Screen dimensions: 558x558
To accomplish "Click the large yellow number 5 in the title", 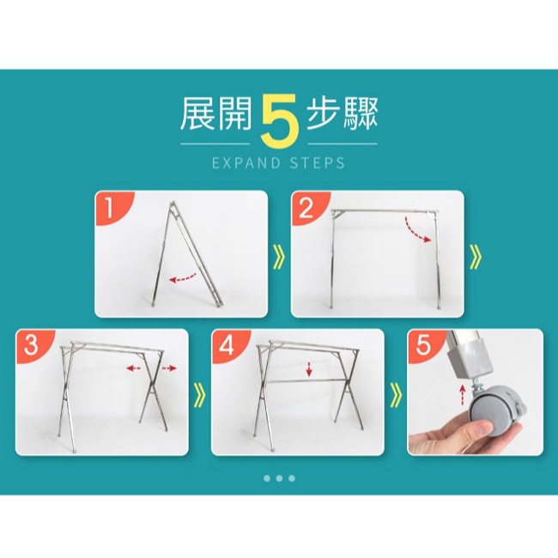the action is (279, 122).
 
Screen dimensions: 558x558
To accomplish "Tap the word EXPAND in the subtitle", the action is (246, 163).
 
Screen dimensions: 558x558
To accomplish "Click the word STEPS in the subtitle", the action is (317, 163).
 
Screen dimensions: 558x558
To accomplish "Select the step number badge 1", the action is (110, 208).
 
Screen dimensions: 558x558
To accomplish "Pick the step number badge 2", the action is (306, 208).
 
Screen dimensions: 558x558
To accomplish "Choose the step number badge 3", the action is (31, 345).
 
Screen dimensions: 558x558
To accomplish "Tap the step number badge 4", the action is (227, 345).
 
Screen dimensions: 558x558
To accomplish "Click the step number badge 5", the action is (422, 344).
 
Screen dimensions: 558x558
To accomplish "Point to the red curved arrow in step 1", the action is (183, 278).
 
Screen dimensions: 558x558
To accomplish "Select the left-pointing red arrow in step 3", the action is (134, 368).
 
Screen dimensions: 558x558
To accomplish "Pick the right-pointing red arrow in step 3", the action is (169, 368).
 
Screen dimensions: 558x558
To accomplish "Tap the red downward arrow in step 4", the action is (309, 369).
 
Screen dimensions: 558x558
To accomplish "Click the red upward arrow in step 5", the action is (462, 394).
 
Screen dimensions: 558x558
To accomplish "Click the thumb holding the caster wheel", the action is (481, 427).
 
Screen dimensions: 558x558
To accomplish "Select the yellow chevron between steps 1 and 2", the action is (279, 257).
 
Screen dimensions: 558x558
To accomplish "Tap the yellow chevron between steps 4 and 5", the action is (396, 395).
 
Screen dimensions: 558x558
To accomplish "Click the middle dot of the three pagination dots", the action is (279, 478).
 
